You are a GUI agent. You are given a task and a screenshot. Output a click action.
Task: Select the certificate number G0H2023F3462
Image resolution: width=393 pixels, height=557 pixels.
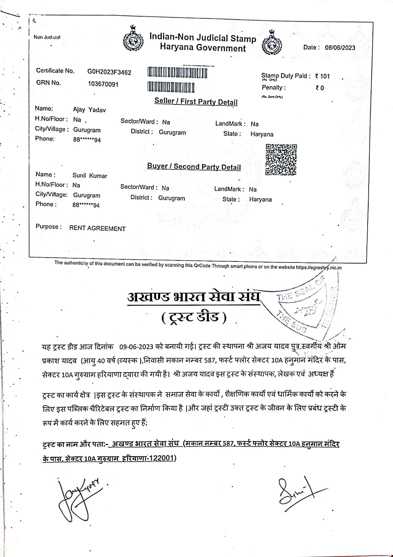(109, 72)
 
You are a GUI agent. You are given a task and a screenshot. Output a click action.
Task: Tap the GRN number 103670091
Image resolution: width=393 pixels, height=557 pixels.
(103, 84)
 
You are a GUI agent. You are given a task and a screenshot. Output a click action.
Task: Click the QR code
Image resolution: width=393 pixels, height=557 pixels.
(281, 159)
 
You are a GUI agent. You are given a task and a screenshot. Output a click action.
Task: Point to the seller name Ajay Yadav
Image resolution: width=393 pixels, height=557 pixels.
(89, 110)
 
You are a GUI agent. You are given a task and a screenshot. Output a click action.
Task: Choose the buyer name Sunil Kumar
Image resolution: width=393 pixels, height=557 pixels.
(90, 176)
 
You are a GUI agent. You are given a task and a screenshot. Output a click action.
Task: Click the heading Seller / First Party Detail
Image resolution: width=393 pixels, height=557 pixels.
(196, 102)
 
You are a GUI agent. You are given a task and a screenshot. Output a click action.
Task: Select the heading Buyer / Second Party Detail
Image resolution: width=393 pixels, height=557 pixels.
(194, 167)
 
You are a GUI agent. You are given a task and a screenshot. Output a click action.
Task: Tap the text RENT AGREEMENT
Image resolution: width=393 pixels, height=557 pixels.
(97, 229)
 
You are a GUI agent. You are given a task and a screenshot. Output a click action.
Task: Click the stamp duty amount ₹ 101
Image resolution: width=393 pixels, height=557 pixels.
(322, 76)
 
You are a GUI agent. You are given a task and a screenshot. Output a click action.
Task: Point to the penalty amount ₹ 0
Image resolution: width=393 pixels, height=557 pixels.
(320, 88)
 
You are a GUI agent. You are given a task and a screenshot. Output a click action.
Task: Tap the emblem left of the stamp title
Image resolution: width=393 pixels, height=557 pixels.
(133, 40)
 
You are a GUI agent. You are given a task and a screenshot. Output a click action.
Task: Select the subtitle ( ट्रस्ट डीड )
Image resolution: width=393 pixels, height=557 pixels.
(194, 317)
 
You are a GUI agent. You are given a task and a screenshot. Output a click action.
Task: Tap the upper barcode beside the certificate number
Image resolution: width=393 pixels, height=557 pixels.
(178, 73)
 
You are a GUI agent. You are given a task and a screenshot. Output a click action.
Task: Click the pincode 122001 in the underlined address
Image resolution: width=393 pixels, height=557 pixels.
(161, 458)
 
